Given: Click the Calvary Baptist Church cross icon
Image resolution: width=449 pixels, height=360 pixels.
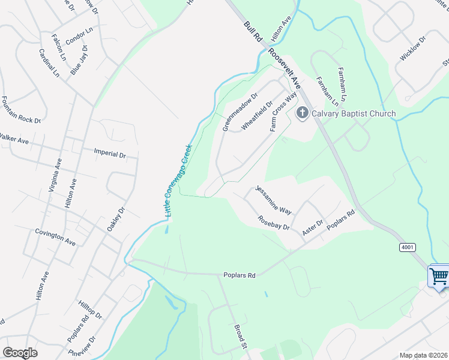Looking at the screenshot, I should [302, 113].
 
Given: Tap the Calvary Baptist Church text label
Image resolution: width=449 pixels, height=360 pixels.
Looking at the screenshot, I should [352, 114].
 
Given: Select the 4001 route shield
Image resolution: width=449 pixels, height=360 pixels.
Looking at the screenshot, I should [406, 247].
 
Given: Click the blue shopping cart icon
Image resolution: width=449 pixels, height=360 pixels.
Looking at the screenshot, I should [439, 277].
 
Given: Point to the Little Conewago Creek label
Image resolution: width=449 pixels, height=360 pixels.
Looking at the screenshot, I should [178, 181].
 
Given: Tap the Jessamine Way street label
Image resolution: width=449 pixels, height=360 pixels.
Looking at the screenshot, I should [274, 200].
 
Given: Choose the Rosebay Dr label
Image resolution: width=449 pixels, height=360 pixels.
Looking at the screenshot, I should [274, 223].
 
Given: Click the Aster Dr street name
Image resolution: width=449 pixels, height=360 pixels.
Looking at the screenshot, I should [313, 227].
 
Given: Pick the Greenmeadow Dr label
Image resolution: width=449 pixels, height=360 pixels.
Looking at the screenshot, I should [240, 112].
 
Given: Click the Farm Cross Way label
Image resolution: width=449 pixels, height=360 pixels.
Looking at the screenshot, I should [284, 112].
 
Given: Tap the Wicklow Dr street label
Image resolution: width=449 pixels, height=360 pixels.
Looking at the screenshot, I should [413, 48].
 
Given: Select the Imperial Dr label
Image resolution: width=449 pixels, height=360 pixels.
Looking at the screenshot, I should [110, 154].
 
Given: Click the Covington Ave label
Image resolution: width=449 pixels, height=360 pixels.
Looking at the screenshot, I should [55, 237].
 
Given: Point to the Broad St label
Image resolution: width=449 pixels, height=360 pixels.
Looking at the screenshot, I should [240, 337].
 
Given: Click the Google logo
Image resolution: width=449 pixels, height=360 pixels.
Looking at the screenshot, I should [20, 353].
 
